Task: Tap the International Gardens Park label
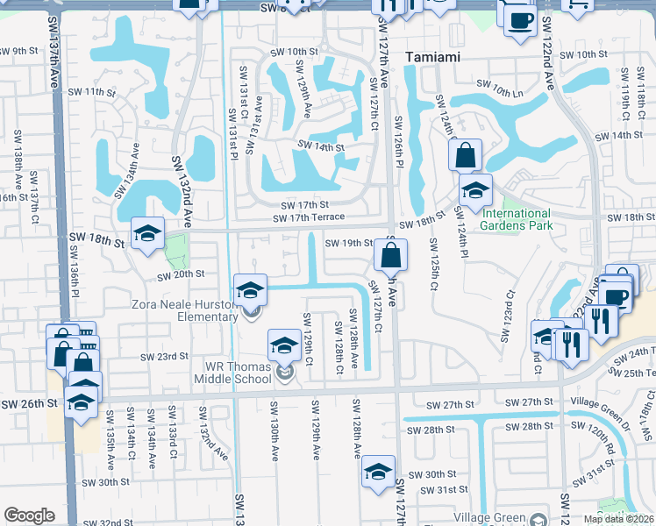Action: pos(516,219)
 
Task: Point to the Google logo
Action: pos(30,515)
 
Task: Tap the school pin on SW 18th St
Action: pos(147,233)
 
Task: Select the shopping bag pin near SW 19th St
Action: pos(391,255)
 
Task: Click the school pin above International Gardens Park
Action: pos(475,189)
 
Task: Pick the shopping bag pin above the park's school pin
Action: pos(466,156)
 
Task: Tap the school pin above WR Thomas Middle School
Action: pos(284,346)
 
